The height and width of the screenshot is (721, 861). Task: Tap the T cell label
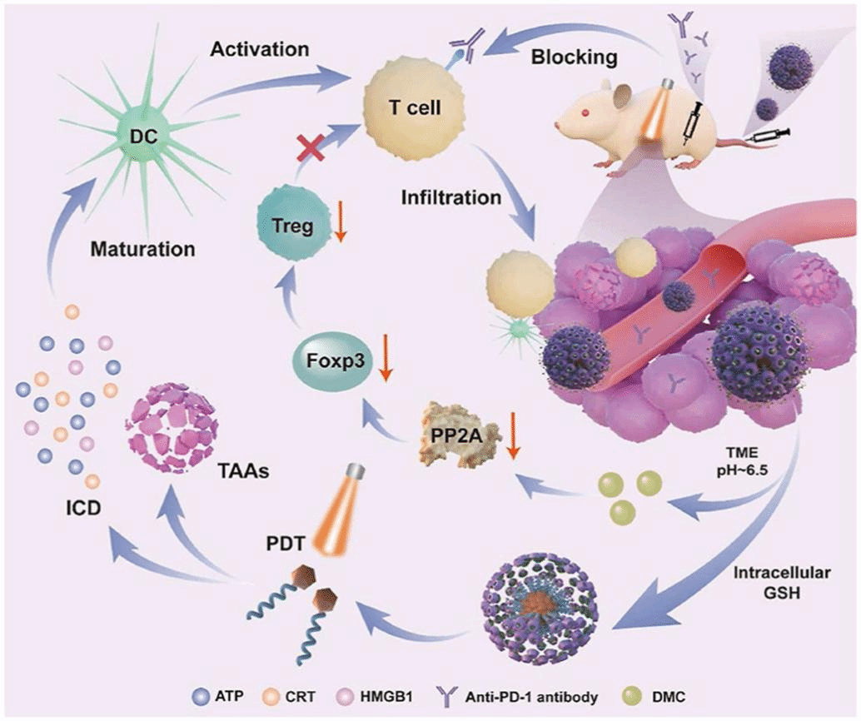pos(416,108)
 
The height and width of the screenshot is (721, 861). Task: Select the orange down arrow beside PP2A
pos(514,435)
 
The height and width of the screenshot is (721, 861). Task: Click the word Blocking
pos(575,57)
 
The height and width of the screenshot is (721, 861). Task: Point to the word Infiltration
pos(450,197)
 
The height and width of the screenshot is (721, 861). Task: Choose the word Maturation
pos(142,249)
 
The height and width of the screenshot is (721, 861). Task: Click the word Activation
pos(260,49)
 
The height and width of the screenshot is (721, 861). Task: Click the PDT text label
pos(286,544)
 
